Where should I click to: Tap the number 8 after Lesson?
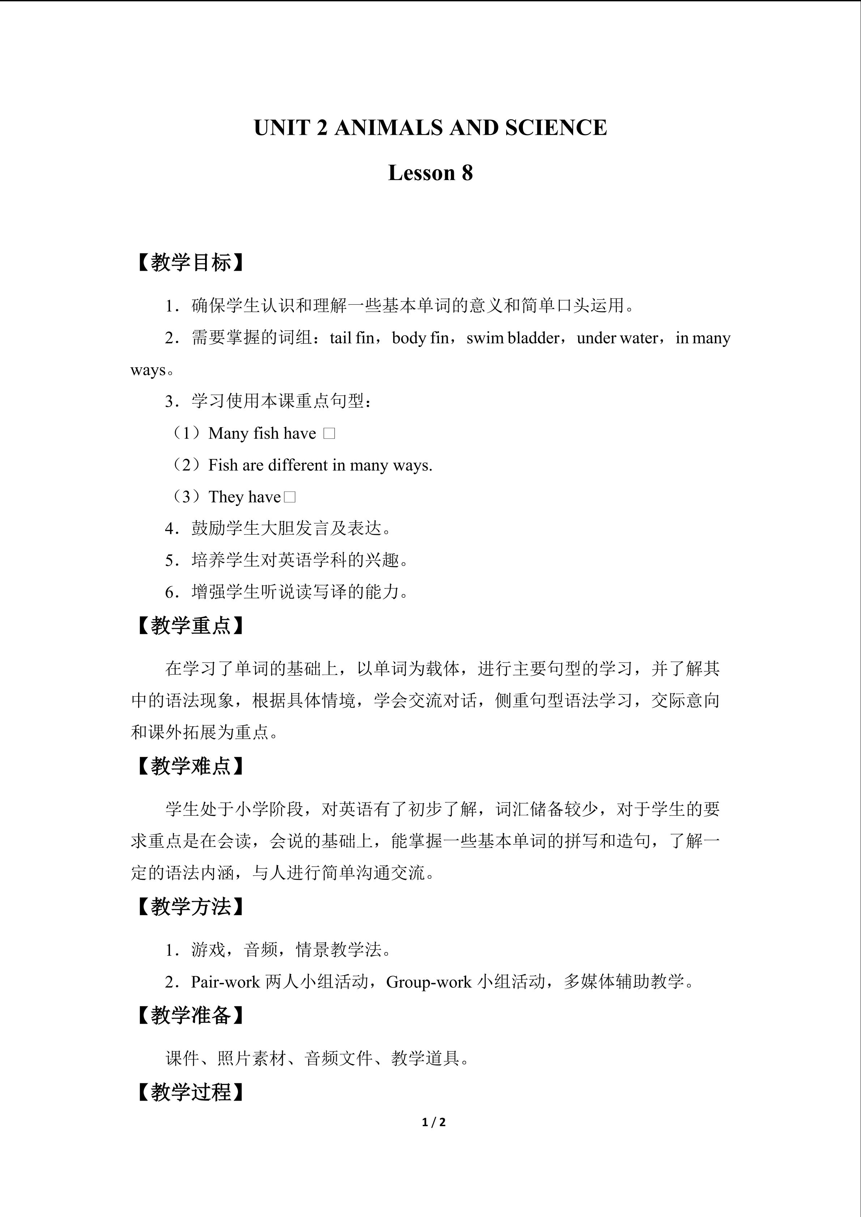(x=466, y=173)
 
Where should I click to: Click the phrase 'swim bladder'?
(x=513, y=338)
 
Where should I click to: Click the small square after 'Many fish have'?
(x=329, y=434)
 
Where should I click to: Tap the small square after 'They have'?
(x=290, y=497)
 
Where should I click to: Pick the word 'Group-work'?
(x=429, y=982)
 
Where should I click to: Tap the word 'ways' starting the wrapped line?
(x=148, y=370)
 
